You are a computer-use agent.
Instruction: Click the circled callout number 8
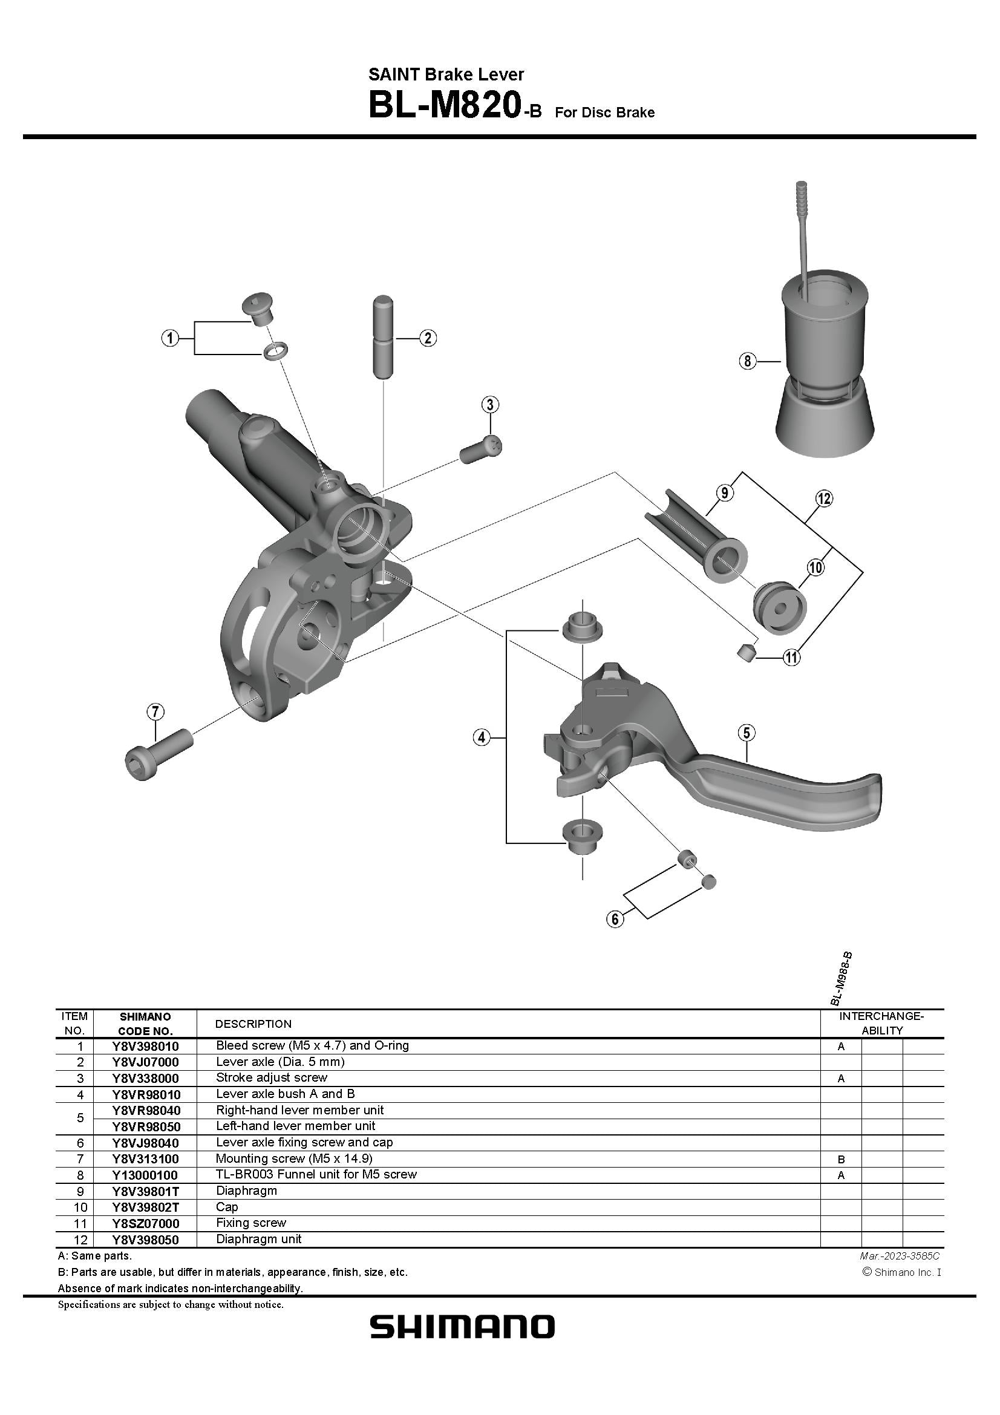(747, 361)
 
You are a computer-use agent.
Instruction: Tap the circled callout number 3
(490, 404)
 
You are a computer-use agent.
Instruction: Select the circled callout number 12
(824, 498)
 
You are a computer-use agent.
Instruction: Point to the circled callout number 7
(155, 713)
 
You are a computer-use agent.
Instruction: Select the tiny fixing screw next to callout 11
(746, 652)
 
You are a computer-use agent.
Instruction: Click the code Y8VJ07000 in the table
(145, 1062)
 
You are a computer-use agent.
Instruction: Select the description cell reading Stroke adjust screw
(271, 1077)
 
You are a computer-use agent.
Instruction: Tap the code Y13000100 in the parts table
(145, 1175)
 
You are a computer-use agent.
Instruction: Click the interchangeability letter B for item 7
(841, 1159)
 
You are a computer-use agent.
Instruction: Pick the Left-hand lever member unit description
(295, 1126)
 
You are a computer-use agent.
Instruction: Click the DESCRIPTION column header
(253, 1024)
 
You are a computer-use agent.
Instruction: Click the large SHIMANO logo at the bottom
(462, 1326)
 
